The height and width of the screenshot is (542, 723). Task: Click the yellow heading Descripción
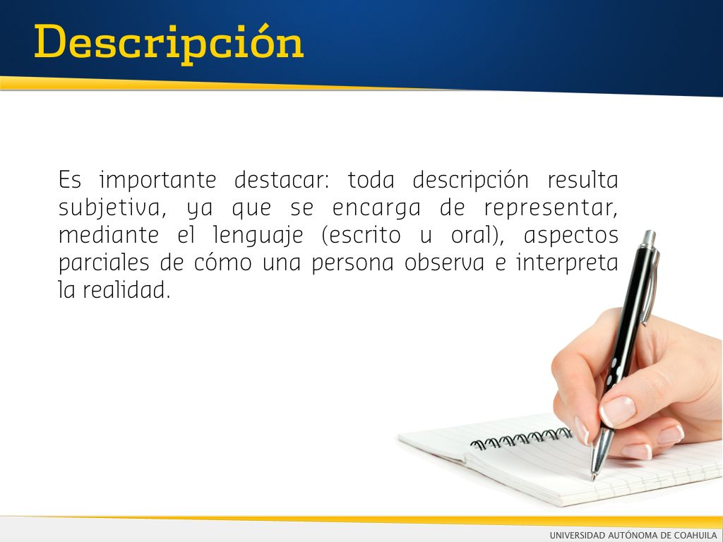click(x=169, y=44)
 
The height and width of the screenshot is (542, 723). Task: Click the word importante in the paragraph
click(x=157, y=180)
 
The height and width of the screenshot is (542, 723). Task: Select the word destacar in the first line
click(x=282, y=180)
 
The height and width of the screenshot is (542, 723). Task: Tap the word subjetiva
click(x=112, y=208)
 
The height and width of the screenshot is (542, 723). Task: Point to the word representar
click(x=550, y=208)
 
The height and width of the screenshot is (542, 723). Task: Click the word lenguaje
click(x=258, y=236)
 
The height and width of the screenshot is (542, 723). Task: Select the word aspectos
click(x=570, y=236)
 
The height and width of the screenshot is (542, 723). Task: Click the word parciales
click(x=104, y=263)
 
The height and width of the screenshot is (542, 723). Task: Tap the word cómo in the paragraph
click(x=222, y=263)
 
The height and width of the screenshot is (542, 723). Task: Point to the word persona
click(x=353, y=263)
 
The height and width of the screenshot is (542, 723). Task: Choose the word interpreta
click(x=567, y=263)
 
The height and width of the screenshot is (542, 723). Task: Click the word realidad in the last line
click(x=126, y=290)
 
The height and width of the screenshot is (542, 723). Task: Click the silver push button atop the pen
click(x=649, y=238)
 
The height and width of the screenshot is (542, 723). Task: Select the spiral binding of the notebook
click(x=521, y=438)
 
